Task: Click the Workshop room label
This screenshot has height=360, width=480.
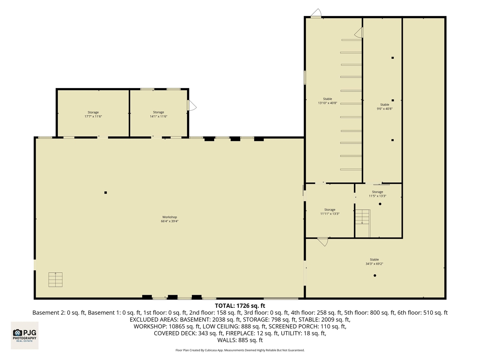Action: coord(169,217)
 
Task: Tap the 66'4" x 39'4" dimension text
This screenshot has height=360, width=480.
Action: coord(169,221)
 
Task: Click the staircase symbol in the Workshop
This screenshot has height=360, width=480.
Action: coord(55,280)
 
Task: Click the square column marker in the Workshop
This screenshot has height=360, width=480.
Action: coord(106,193)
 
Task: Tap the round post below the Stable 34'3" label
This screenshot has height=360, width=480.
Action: coord(375,276)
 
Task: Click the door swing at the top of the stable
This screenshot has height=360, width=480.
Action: coord(316,13)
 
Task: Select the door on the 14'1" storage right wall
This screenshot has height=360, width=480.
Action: coord(191,105)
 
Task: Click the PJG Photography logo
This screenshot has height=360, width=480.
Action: coord(25,335)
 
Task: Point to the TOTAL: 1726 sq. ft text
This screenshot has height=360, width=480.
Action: coord(240,306)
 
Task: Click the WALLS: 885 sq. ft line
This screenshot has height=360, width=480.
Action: coord(240,340)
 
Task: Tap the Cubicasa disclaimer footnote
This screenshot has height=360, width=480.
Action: coord(240,350)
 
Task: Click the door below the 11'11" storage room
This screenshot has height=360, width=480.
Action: coord(322,241)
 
